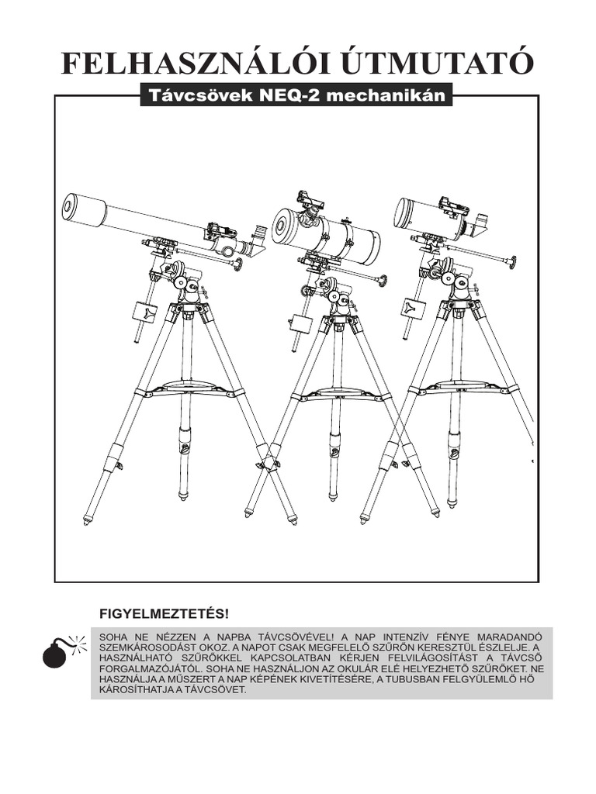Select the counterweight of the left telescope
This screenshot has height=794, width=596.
(144, 312)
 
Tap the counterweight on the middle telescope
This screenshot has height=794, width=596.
(300, 323)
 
